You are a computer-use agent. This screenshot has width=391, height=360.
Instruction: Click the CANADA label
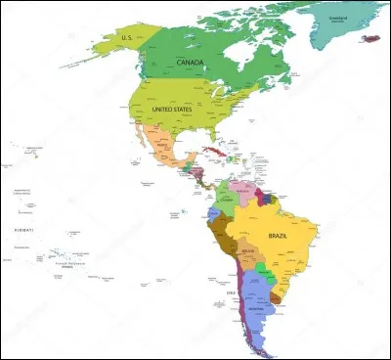coord(190,62)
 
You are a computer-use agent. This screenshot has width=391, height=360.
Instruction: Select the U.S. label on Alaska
coord(126,37)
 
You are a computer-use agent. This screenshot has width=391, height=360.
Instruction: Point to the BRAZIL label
coord(282,236)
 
